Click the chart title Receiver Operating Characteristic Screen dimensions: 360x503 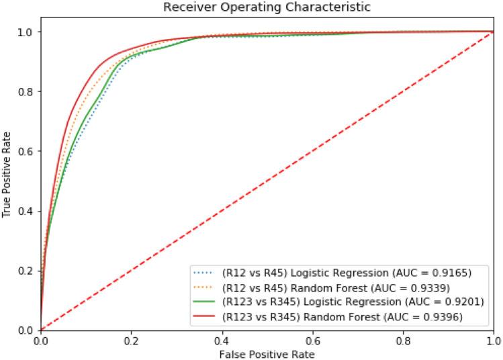click(267, 7)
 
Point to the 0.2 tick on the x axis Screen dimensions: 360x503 click(132, 339)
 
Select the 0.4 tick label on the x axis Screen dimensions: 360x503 click(222, 339)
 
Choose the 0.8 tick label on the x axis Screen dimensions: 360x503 click(403, 339)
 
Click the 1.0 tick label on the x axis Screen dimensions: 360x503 click(493, 339)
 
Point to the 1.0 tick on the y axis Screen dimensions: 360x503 click(26, 32)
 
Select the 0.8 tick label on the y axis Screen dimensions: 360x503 click(26, 91)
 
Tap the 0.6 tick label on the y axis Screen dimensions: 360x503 click(26, 151)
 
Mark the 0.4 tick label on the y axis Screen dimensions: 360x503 click(26, 211)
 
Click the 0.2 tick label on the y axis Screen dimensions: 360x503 click(26, 270)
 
